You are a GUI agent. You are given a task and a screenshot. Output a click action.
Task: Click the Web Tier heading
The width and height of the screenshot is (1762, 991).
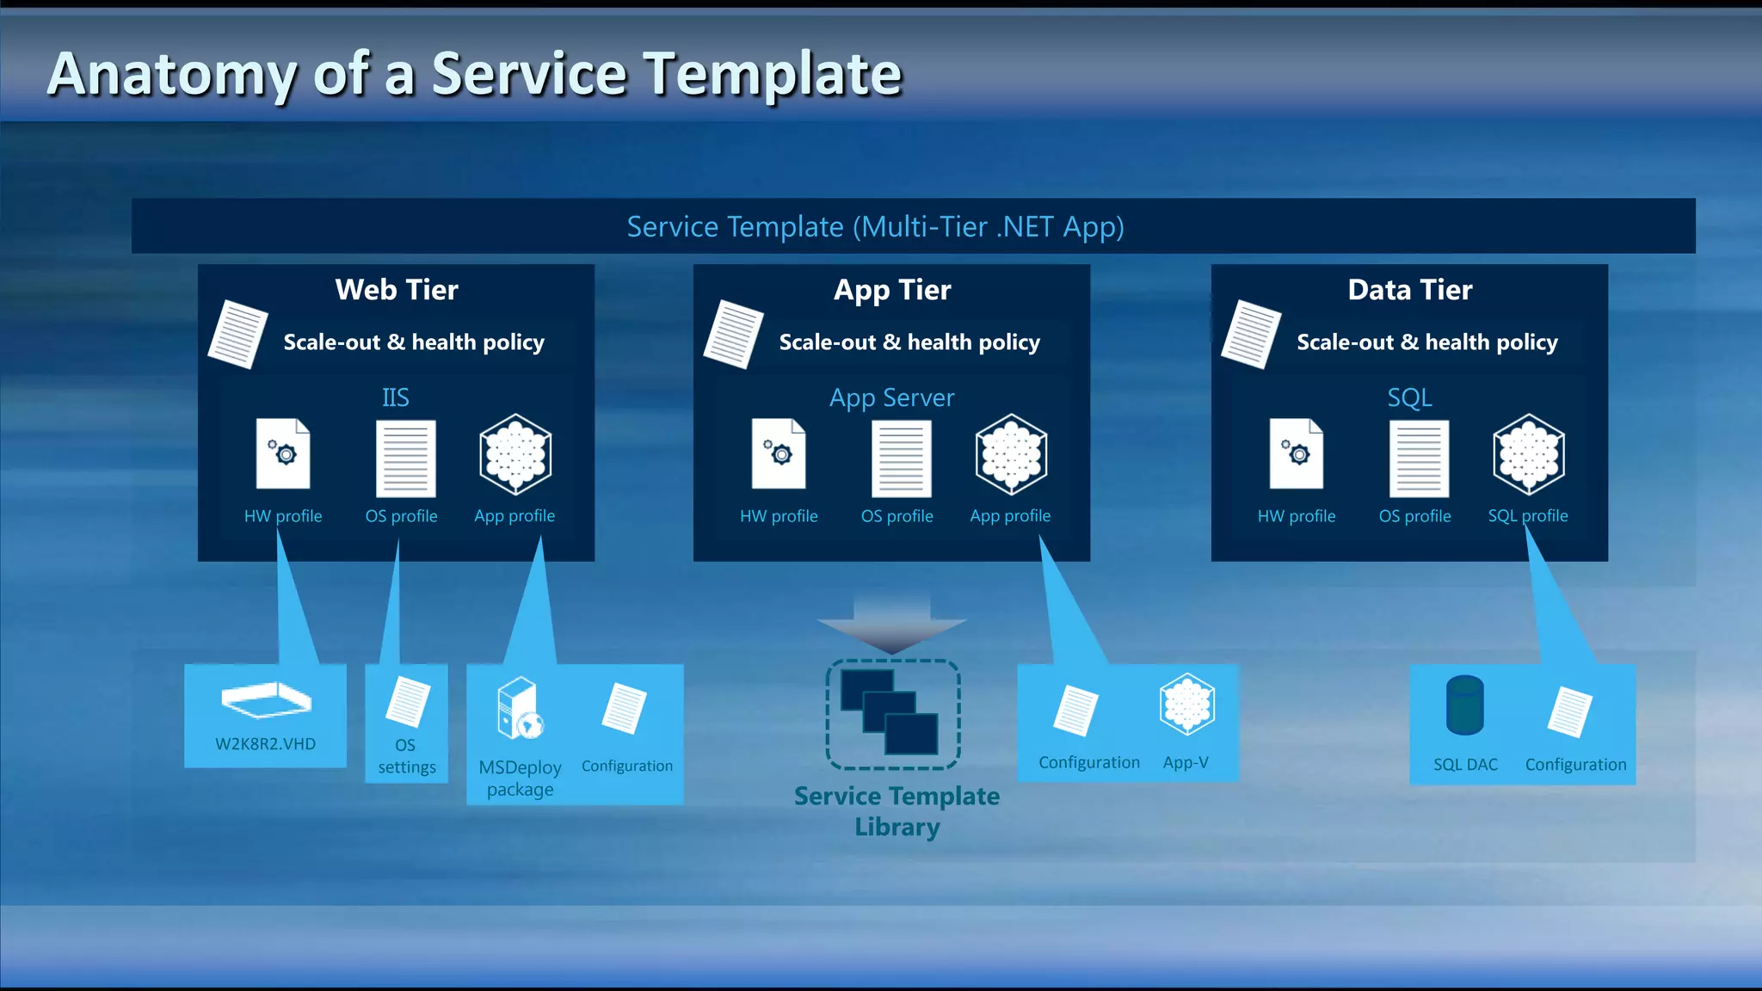coord(397,290)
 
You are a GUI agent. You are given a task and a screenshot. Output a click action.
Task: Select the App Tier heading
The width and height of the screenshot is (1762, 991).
coord(892,290)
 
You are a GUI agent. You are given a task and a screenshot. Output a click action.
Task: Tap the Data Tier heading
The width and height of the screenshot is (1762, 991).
coord(1409,290)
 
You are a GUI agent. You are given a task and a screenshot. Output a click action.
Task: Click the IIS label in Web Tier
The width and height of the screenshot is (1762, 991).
coord(395,397)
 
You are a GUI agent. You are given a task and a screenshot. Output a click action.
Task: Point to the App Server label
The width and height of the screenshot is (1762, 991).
coord(891,397)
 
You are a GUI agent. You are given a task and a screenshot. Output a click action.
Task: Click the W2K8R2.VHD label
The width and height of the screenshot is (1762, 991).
coord(265,744)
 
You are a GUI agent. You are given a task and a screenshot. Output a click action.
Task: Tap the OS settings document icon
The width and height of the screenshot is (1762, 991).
coord(408,701)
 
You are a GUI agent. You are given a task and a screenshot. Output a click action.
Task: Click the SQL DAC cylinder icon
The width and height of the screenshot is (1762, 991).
coord(1464,705)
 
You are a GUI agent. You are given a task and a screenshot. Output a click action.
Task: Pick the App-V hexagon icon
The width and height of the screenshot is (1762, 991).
coord(1186,704)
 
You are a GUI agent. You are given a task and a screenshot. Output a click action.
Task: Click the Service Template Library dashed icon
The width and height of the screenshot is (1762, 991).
coord(892,714)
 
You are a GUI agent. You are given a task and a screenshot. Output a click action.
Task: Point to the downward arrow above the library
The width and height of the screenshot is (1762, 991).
coord(892,623)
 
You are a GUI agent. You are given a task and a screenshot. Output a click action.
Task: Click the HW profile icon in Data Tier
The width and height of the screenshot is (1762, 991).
coord(1297,454)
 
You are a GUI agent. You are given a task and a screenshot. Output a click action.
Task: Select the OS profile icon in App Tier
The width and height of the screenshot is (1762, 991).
coord(901,459)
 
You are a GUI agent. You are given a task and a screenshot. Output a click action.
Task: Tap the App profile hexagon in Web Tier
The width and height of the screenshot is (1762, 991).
coord(515,454)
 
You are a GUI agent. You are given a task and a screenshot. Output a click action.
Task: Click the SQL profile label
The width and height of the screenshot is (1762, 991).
coord(1528,516)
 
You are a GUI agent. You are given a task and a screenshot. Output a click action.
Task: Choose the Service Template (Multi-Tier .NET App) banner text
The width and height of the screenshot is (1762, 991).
coord(875,227)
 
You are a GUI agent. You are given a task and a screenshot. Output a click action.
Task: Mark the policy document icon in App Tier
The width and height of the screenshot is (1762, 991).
coord(733,335)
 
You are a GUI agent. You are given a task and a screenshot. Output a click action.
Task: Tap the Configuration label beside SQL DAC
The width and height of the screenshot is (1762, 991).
coord(1575,765)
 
